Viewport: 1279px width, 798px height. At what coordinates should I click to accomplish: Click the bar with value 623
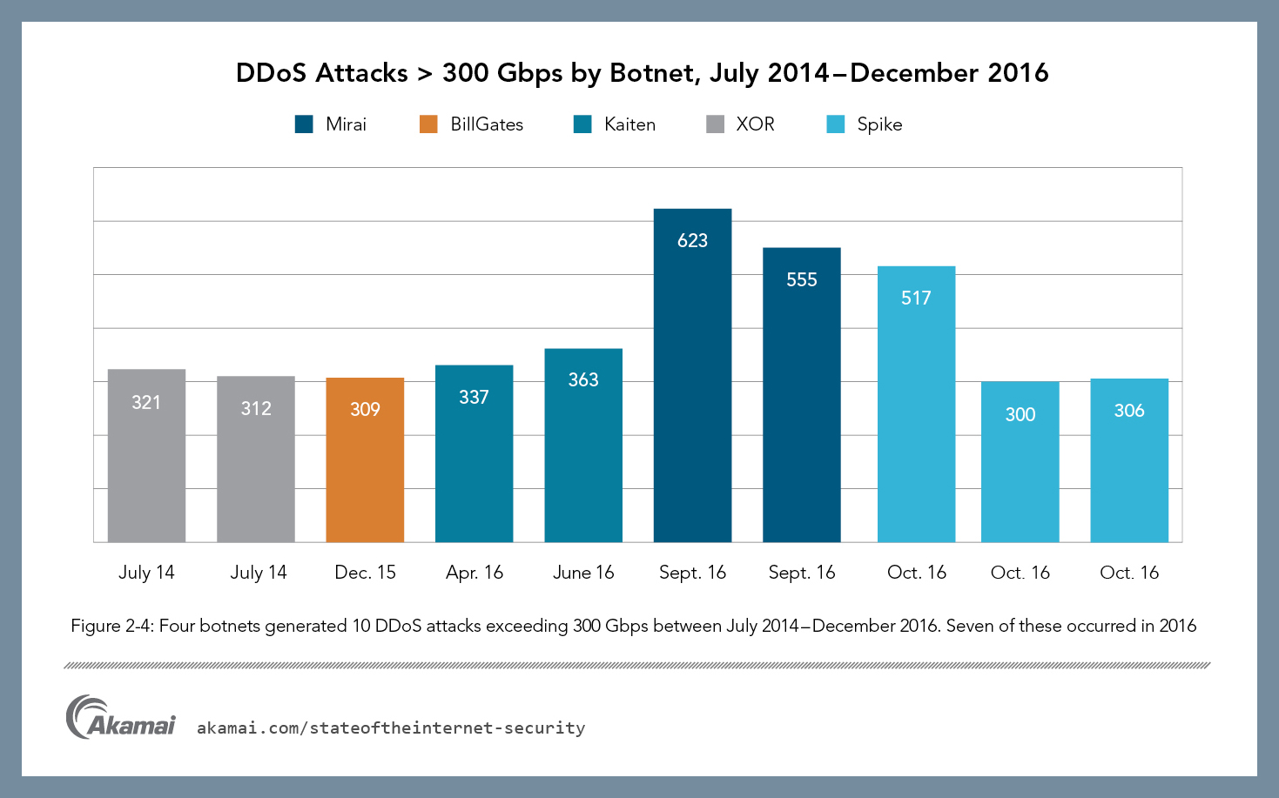coord(692,375)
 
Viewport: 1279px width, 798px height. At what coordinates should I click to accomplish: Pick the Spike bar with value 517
coord(916,404)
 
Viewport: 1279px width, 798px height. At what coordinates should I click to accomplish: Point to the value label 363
coord(583,379)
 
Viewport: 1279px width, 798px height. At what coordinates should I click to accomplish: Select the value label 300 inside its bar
coord(1020,414)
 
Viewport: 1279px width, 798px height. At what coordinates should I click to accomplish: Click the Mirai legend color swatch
coord(304,124)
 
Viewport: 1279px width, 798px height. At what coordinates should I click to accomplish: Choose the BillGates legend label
coord(487,124)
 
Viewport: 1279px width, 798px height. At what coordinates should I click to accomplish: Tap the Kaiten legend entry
coord(629,124)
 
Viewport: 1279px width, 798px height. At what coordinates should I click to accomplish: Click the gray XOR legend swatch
coord(715,124)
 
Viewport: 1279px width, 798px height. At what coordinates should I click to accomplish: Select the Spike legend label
coord(879,124)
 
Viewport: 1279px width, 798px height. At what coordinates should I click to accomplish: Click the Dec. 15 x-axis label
coord(365,573)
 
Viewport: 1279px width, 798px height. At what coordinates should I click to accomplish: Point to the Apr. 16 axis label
coord(475,573)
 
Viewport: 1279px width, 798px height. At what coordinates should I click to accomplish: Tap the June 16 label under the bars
coord(583,573)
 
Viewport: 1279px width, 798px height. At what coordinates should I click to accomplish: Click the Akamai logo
coord(120,718)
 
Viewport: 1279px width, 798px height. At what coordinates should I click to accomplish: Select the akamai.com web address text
coord(391,728)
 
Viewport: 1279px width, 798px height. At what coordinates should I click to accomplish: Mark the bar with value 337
coord(474,453)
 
